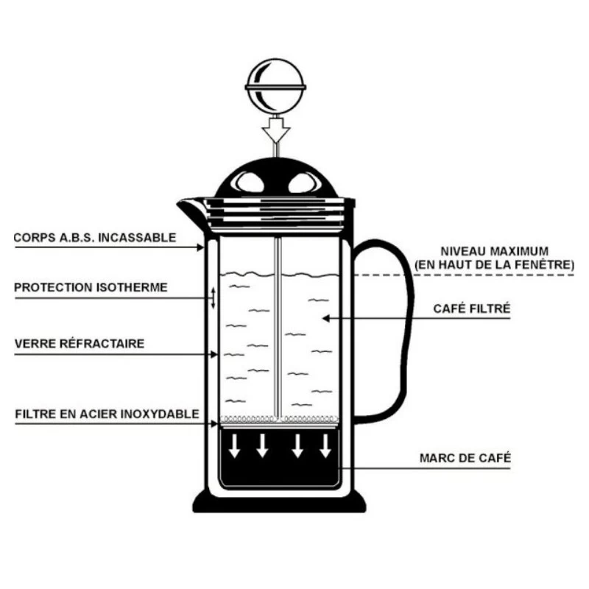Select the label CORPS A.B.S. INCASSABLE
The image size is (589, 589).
point(95,238)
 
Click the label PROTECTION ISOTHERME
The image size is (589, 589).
point(91,286)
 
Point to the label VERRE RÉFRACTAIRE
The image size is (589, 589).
point(79,343)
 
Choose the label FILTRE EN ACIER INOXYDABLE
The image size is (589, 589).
point(107,414)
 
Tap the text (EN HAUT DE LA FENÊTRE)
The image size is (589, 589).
point(494,264)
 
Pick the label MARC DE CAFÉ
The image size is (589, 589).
point(465,458)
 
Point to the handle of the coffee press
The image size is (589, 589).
point(398,324)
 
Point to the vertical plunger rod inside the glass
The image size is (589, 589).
point(278,324)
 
